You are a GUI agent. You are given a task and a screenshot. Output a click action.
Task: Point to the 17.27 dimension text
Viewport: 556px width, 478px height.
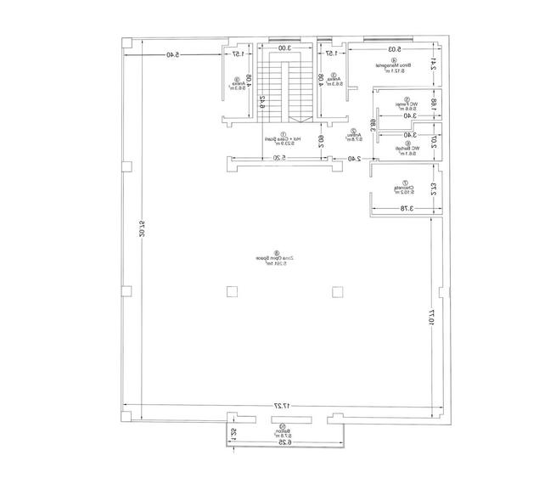[x=283, y=407]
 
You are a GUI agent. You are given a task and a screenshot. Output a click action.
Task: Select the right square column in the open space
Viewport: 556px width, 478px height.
[x=338, y=293]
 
